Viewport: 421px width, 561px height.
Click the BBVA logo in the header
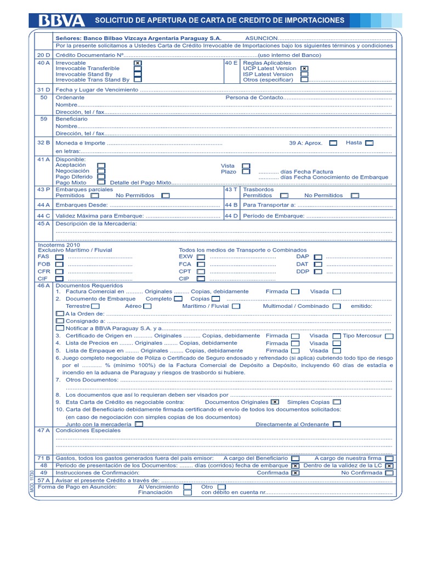[61, 21]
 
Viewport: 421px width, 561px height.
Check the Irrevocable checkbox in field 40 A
[138, 64]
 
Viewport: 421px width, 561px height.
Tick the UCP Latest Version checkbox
[304, 68]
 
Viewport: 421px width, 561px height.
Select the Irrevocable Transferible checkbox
[138, 68]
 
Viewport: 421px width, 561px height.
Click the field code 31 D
[44, 89]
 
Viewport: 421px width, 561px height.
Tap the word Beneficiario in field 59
[72, 118]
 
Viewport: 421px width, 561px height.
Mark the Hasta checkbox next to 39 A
[369, 142]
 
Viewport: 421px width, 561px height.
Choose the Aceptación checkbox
[101, 165]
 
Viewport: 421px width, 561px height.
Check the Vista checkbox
[246, 165]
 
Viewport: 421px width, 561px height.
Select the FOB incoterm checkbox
[59, 264]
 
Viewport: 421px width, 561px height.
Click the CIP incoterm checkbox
[201, 278]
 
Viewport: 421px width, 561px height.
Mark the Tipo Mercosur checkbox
[389, 336]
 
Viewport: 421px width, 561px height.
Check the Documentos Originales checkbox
[275, 402]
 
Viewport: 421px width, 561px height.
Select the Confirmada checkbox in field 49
[295, 472]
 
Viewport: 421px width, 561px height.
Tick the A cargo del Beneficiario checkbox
[295, 458]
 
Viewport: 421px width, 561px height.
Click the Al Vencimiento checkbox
[187, 486]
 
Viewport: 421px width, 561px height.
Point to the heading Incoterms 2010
[59, 244]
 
